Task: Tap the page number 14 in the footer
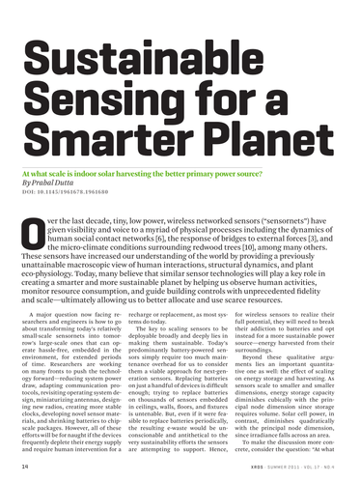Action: pyautogui.click(x=21, y=466)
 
